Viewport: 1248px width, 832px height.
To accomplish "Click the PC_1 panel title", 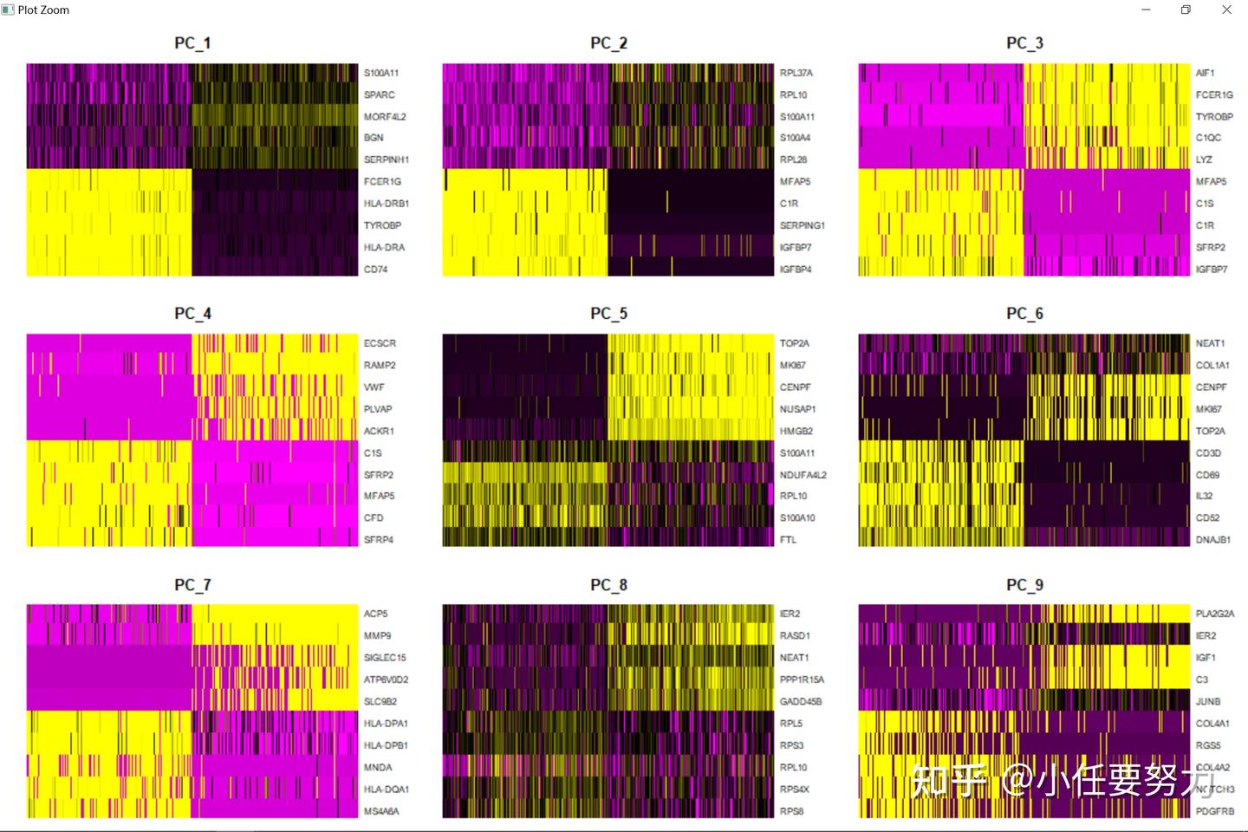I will [192, 43].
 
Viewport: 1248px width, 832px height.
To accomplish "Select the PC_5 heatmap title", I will [608, 314].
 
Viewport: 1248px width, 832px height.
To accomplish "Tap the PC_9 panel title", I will [1024, 585].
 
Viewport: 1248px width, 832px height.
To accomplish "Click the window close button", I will [1226, 10].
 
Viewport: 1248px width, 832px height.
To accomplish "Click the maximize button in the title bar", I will [1186, 10].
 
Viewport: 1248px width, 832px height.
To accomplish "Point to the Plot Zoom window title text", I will [43, 10].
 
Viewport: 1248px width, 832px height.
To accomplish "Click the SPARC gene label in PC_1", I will [379, 94].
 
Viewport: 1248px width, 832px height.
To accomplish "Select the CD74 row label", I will [375, 270].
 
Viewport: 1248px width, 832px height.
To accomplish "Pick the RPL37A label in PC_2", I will [796, 73].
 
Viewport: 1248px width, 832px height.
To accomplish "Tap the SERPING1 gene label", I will [802, 225].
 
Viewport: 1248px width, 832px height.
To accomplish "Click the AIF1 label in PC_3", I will [1205, 73].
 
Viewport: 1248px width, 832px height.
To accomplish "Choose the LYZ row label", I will [1204, 159].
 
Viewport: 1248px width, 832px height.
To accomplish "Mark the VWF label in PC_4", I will [374, 387].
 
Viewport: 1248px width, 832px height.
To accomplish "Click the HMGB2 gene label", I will [796, 431].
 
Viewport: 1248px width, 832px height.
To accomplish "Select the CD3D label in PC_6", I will [1208, 452].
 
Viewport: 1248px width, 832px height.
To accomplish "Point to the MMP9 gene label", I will [377, 635].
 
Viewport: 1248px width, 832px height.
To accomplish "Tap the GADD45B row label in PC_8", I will [800, 701].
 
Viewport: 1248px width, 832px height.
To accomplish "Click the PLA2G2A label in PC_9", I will [1214, 614].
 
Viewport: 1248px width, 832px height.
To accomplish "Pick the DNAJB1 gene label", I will [1212, 539].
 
